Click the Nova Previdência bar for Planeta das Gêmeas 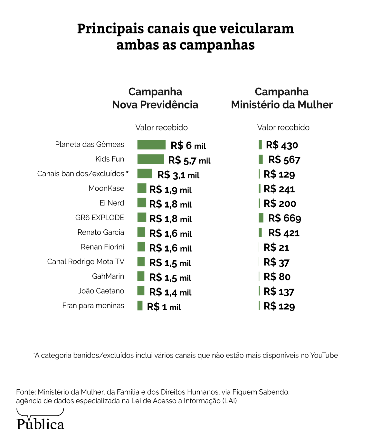(x=151, y=145)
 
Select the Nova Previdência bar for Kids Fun (x=150, y=159)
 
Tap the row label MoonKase (x=106, y=189)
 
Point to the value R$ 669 (x=285, y=218)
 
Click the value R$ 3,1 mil (x=178, y=175)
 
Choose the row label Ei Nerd (x=112, y=203)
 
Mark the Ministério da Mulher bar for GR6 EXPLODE (x=261, y=218)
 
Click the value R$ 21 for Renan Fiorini (x=276, y=247)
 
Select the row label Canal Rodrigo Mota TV (x=86, y=262)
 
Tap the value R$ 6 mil (x=188, y=146)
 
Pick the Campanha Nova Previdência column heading (x=155, y=98)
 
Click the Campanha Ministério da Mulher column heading (x=282, y=98)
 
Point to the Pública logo (x=40, y=420)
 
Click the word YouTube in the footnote (x=324, y=355)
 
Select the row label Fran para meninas (x=93, y=306)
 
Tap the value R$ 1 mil (x=164, y=307)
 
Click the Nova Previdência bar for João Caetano (x=141, y=290)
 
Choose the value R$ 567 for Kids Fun (x=284, y=160)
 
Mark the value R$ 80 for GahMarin (x=277, y=277)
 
